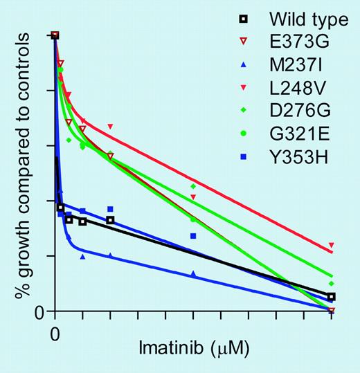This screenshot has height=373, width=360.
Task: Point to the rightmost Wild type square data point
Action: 332,296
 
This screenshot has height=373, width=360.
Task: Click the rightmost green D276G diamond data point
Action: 332,284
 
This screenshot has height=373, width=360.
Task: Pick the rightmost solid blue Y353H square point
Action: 193,236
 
